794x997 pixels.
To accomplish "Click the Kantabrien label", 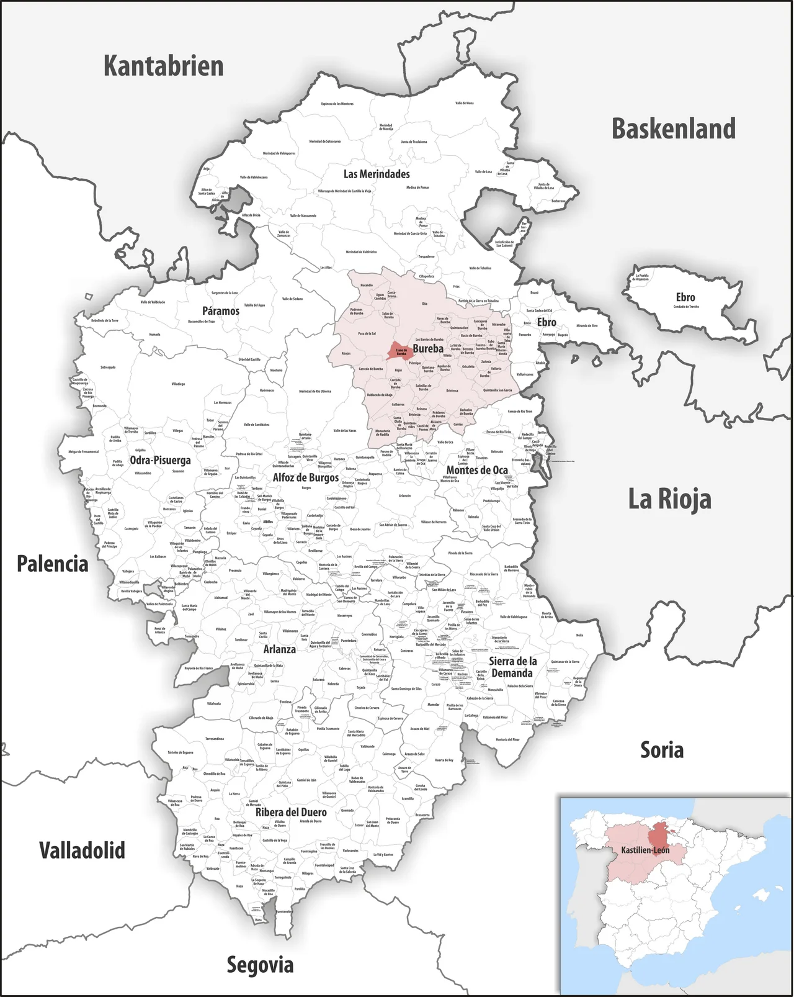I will pyautogui.click(x=163, y=66).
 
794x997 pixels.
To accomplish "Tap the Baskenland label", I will pyautogui.click(x=674, y=129).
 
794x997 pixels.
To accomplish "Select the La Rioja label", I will pyautogui.click(x=669, y=499).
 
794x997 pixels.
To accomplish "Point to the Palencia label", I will pyautogui.click(x=52, y=564).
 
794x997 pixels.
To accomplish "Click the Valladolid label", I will pyautogui.click(x=82, y=850).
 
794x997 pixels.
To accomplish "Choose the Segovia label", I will pyautogui.click(x=260, y=965).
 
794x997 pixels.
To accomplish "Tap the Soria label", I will pyautogui.click(x=662, y=750).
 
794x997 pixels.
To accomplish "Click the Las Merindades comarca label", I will pyautogui.click(x=377, y=174).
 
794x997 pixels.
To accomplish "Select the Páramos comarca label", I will pyautogui.click(x=220, y=310).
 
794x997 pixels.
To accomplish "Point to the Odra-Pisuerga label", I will pyautogui.click(x=160, y=460).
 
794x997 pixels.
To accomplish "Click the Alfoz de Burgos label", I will pyautogui.click(x=306, y=477).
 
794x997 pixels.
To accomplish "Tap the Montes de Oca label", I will pyautogui.click(x=477, y=470).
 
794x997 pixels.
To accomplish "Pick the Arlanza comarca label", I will pyautogui.click(x=279, y=649).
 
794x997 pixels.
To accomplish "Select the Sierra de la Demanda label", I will pyautogui.click(x=512, y=667).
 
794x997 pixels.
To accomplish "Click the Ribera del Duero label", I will pyautogui.click(x=291, y=812).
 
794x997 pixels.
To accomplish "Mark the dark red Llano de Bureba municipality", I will pyautogui.click(x=399, y=351).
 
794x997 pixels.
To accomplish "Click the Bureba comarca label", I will pyautogui.click(x=428, y=348).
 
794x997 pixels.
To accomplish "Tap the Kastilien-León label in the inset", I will pyautogui.click(x=645, y=850).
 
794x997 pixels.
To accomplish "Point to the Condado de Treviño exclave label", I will pyautogui.click(x=685, y=306).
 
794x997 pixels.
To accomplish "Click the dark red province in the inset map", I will pyautogui.click(x=664, y=835).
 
